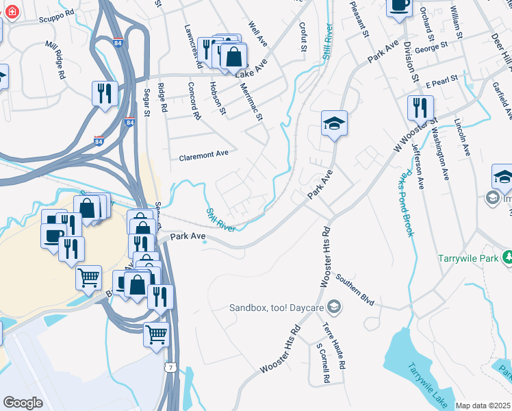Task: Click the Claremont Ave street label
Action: click(203, 155)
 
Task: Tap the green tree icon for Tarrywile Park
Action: click(507, 258)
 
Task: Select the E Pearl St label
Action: click(441, 82)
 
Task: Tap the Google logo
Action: click(23, 403)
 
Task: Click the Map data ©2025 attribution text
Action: click(483, 406)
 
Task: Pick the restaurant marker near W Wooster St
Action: click(420, 108)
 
